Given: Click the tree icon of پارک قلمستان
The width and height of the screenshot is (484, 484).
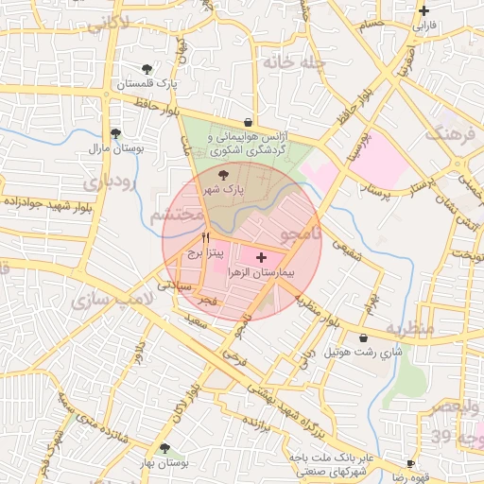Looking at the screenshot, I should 147,69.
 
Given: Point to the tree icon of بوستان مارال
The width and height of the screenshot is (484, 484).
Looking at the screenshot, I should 115,134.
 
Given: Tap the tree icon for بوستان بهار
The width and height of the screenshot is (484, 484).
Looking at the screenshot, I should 164,448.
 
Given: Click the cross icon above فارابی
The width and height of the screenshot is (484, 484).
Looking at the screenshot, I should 423,11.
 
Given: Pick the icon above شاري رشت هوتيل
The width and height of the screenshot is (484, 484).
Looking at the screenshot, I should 363,337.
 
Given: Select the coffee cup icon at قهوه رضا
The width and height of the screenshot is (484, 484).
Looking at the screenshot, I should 410,463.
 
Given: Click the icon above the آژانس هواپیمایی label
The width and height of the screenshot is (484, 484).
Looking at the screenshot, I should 248,122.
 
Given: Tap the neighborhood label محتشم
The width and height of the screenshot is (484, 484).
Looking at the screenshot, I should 179,216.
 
